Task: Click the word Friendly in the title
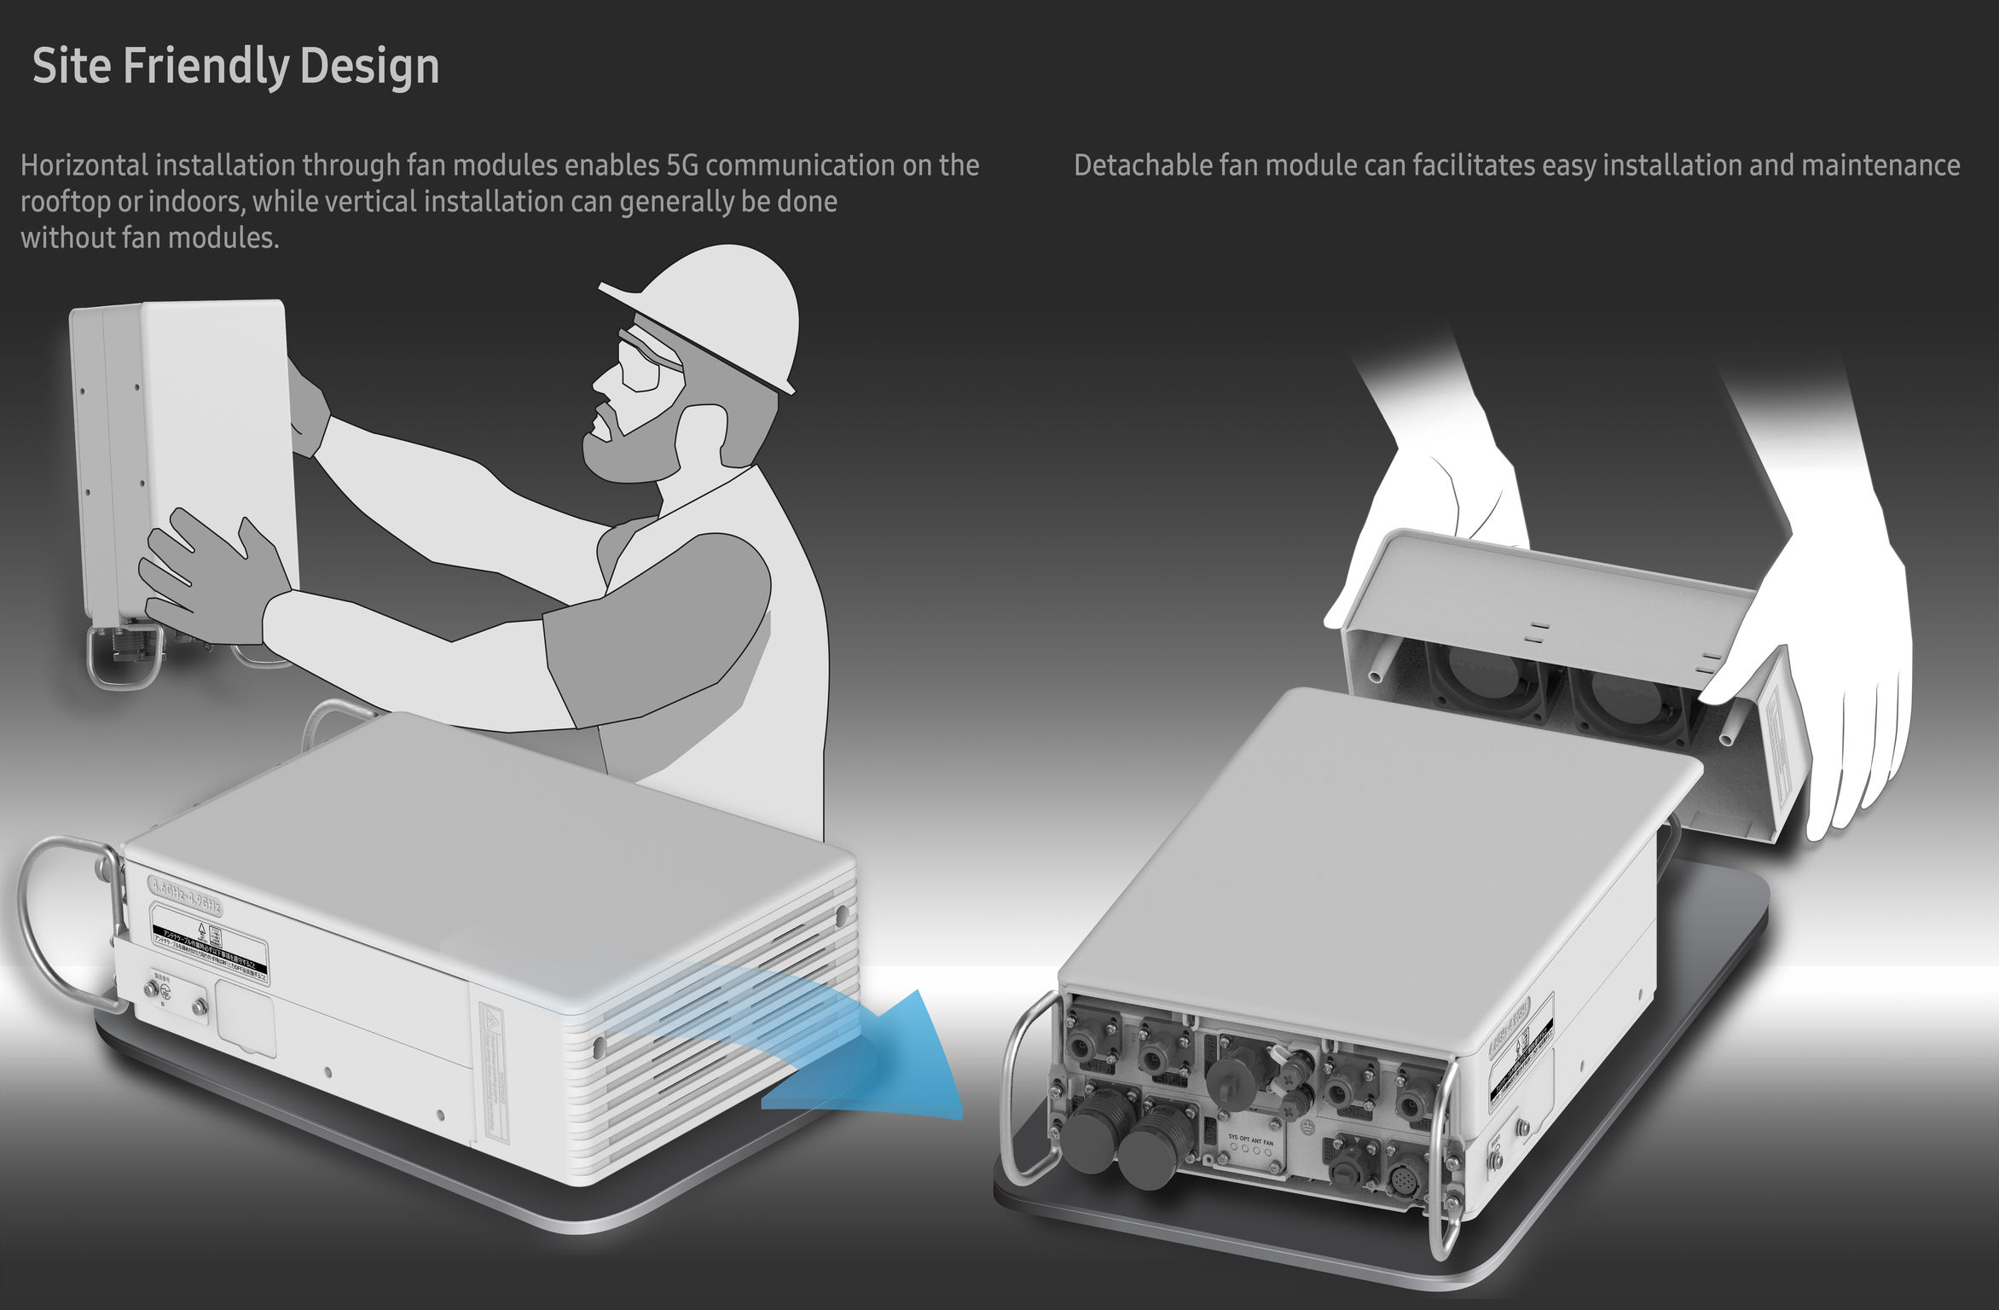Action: [x=206, y=67]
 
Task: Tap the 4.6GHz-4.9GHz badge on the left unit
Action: [x=186, y=896]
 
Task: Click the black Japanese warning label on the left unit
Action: [x=210, y=947]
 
